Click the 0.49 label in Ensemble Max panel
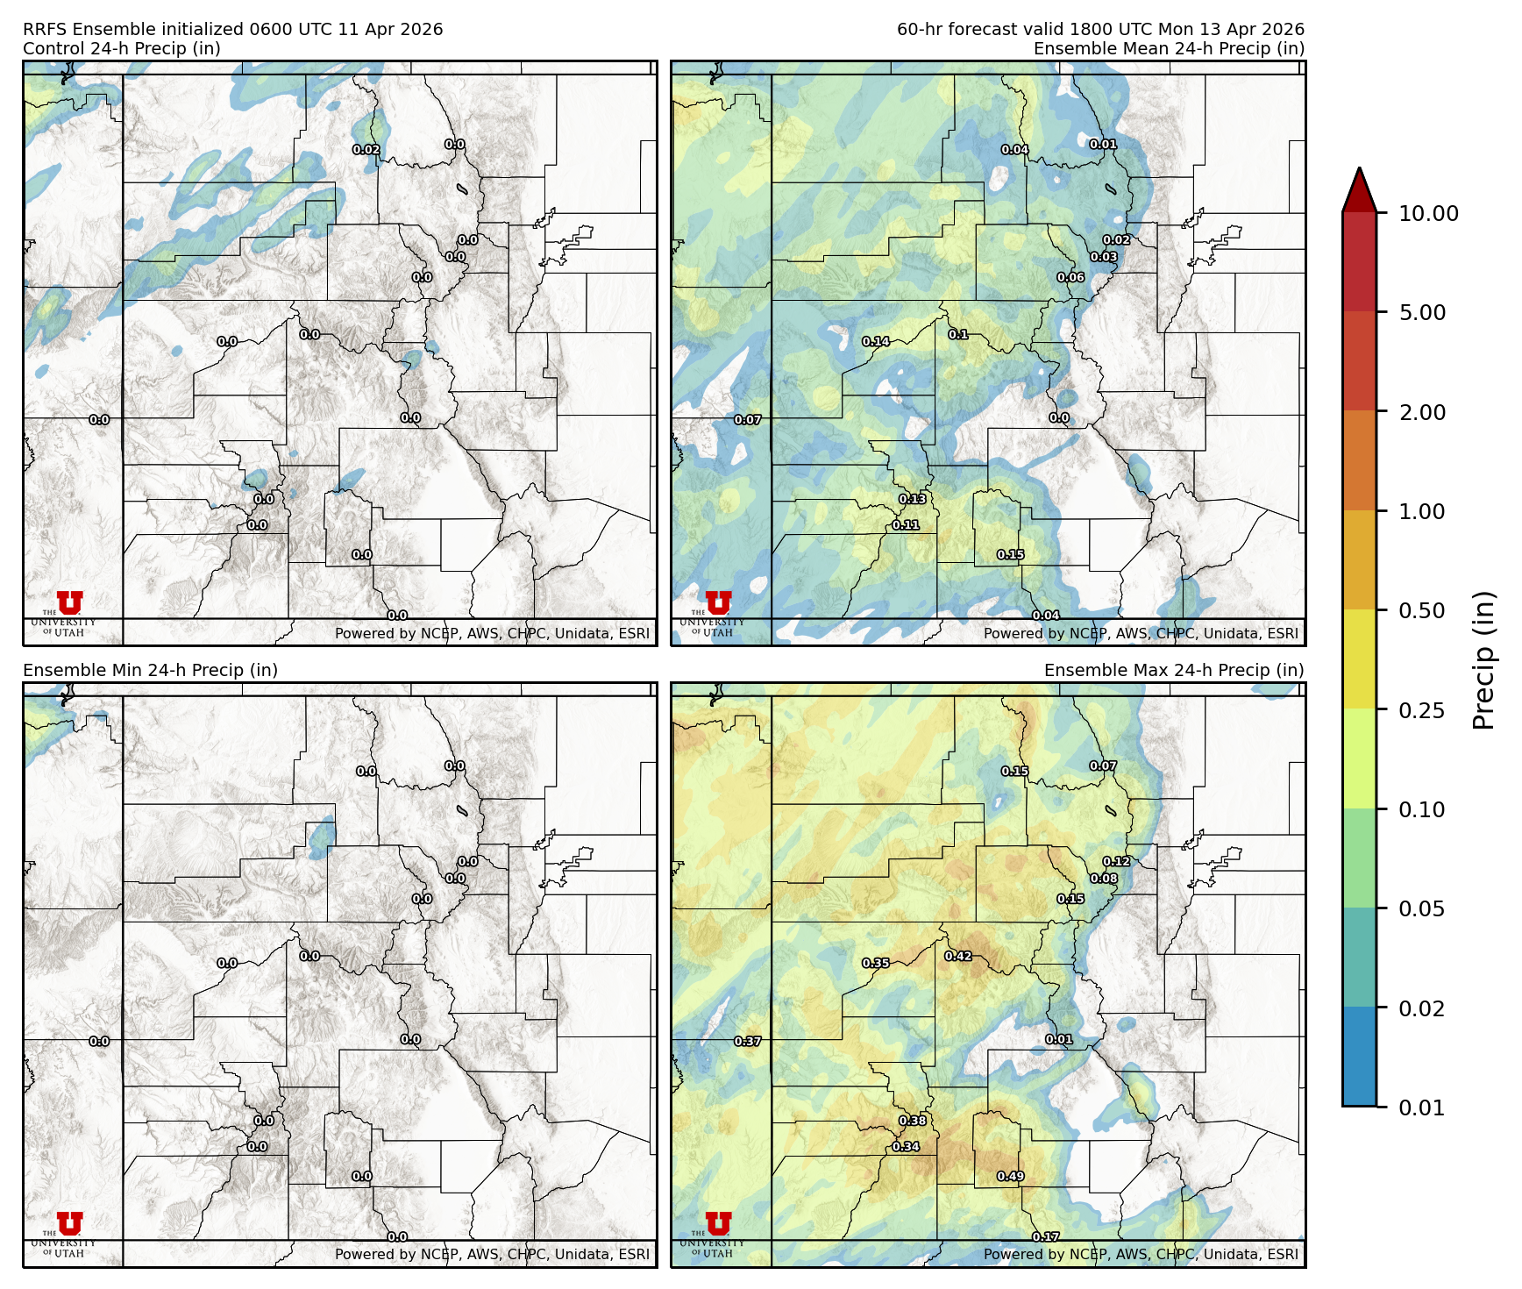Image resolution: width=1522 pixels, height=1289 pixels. coord(1010,1176)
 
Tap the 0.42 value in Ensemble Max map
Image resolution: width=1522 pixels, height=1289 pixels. coord(957,956)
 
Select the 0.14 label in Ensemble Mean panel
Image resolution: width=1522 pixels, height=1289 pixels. coord(875,341)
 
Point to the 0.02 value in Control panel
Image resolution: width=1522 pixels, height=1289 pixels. coord(366,150)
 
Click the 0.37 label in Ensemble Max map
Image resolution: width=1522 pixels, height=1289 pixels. coord(747,1041)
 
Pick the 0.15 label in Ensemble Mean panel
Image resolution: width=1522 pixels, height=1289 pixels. coord(1010,554)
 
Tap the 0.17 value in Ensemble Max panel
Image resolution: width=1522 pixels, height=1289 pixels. coord(1045,1236)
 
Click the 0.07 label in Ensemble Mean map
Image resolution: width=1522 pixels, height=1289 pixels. coord(747,420)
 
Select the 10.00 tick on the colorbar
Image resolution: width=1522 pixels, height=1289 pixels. coord(1428,213)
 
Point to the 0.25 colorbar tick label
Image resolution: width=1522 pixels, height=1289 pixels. coord(1421,710)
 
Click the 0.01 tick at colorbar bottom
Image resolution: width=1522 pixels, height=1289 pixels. coord(1421,1107)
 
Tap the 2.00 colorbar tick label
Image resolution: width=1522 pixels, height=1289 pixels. coord(1421,412)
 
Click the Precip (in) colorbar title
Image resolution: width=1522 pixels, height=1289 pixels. coord(1483,660)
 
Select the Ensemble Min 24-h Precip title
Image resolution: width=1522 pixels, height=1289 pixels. coord(150,670)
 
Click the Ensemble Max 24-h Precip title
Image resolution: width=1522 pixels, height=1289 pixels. coord(1173,670)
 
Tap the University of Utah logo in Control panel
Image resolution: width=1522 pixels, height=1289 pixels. coord(68,609)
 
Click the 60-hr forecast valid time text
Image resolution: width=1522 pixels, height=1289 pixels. coord(1099,29)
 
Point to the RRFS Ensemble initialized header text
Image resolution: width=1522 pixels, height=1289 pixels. coord(232,29)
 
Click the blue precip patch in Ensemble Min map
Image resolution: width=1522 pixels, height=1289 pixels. coord(322,837)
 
